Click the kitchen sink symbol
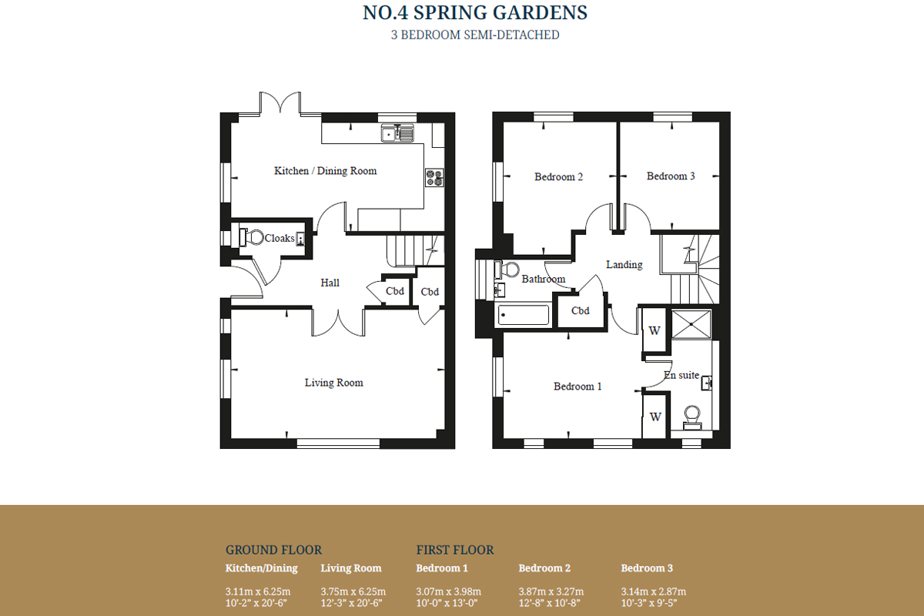(x=397, y=133)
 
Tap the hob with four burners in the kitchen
(x=435, y=178)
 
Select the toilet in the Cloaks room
(x=252, y=237)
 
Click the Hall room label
(x=330, y=283)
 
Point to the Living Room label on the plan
(x=333, y=383)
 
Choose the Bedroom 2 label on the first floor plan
(x=558, y=176)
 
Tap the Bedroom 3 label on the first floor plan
(x=671, y=176)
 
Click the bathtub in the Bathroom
(x=524, y=315)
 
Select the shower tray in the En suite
(x=691, y=324)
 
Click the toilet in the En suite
(x=691, y=417)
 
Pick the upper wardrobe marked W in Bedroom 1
(x=654, y=330)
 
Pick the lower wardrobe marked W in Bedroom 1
(x=655, y=417)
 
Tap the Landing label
(x=624, y=264)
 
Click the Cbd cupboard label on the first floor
(x=580, y=310)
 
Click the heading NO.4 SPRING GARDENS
(x=475, y=12)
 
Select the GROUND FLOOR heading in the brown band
(x=273, y=550)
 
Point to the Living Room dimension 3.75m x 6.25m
(x=353, y=591)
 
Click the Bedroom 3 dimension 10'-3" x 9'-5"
(x=649, y=603)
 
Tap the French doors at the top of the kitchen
(x=280, y=102)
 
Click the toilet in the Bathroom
(x=507, y=269)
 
